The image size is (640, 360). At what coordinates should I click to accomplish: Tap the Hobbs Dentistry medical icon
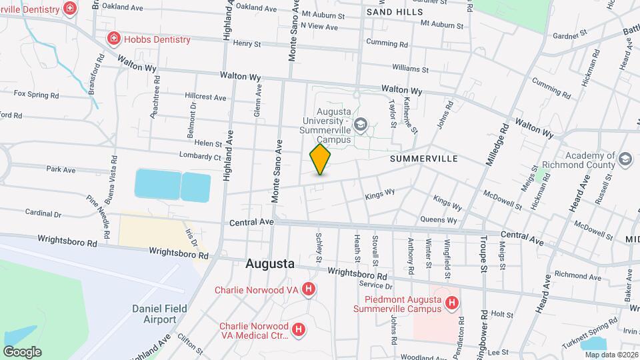coord(114,39)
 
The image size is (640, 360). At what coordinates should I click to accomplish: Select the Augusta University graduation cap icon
coord(361,123)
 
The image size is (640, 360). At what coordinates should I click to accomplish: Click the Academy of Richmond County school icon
coord(625,159)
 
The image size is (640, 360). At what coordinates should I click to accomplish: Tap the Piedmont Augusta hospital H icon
coord(452,304)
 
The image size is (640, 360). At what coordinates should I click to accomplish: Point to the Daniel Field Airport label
coord(160,314)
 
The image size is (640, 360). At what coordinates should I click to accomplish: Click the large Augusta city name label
coord(270,263)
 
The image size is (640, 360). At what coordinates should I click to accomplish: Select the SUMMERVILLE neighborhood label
coord(423,159)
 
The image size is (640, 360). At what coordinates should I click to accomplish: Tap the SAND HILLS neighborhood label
coord(395,13)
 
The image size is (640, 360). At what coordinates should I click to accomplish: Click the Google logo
coord(22,351)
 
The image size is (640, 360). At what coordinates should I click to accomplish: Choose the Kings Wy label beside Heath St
coord(380,195)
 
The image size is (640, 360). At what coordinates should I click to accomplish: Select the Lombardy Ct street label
coord(200,157)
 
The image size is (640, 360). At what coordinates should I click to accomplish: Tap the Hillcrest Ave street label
coord(206,97)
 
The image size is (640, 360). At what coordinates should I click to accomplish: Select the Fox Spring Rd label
coord(36,95)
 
